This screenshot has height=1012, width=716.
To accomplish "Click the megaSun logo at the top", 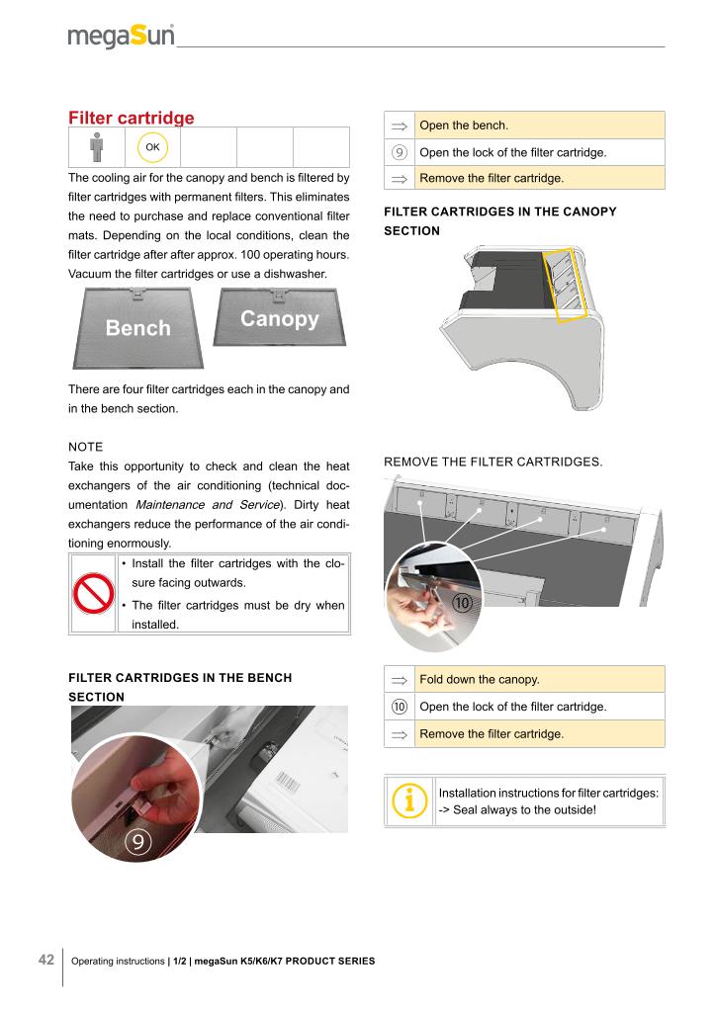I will click(x=121, y=37).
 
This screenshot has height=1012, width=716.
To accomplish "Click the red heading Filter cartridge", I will click(x=131, y=119).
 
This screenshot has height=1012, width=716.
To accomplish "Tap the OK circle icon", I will click(x=152, y=147).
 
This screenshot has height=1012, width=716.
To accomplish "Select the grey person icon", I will click(x=96, y=147).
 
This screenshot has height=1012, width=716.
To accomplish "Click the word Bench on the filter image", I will click(x=137, y=328).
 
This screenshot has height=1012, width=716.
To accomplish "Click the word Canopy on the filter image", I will click(x=279, y=319).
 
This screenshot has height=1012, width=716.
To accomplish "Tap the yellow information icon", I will click(x=409, y=801).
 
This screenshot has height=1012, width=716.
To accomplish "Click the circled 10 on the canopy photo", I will click(x=462, y=602).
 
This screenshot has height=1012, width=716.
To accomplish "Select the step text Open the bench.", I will click(x=464, y=126).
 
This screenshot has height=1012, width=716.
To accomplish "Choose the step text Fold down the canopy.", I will click(x=478, y=680).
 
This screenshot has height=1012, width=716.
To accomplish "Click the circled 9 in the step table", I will click(x=400, y=152).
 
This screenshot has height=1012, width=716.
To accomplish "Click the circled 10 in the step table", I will click(x=400, y=708).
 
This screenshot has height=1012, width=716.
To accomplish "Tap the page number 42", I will click(x=45, y=961).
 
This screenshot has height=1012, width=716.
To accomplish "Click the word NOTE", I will click(x=85, y=448).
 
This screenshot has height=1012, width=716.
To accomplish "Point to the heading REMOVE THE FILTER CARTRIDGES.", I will click(x=492, y=462).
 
